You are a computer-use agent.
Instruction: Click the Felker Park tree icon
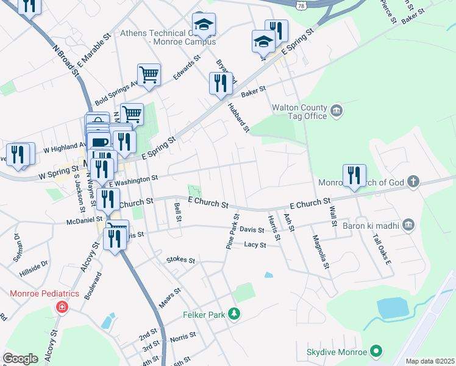234,315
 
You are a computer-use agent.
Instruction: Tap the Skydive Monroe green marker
376,352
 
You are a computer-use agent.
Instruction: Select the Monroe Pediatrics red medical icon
61,306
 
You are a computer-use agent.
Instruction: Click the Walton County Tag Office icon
337,111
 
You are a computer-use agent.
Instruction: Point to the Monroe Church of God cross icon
413,182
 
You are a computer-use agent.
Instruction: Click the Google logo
20,359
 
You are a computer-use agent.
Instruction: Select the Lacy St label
255,245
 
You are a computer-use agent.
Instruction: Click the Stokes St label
180,260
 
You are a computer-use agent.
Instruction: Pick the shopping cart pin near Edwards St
149,74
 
